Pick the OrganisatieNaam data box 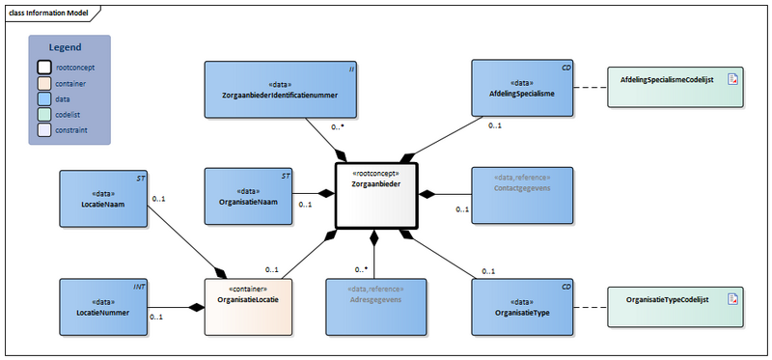(248, 196)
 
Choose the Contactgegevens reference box (521, 196)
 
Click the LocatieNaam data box (103, 199)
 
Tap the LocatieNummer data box (103, 307)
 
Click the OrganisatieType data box (521, 307)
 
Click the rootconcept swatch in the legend (44, 68)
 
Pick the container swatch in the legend (44, 83)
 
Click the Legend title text (66, 47)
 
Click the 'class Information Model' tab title (47, 11)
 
